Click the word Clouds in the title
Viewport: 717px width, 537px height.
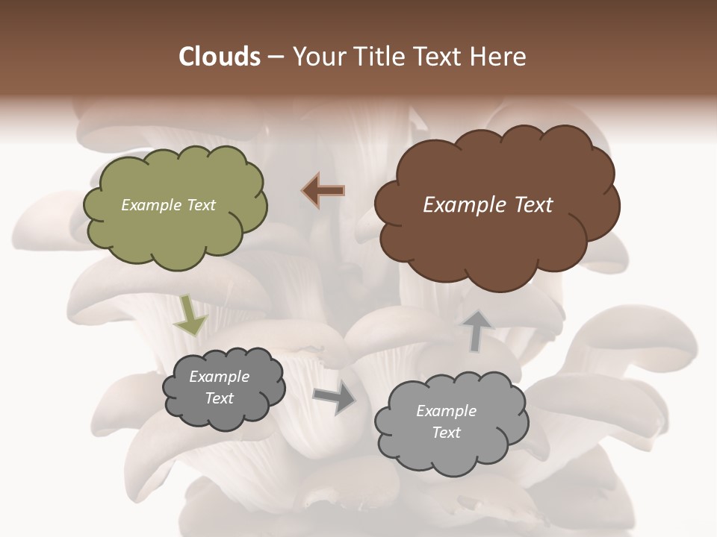220,57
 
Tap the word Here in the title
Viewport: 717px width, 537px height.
500,57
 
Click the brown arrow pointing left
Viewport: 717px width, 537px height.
323,191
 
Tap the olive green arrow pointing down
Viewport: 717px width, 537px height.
190,315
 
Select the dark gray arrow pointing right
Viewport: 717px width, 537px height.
335,398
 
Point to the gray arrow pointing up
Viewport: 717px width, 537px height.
478,330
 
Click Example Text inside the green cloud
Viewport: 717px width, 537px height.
168,205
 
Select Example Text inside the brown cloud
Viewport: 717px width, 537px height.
488,205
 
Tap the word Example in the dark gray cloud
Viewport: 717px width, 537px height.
219,377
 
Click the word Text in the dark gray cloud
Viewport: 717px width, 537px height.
219,398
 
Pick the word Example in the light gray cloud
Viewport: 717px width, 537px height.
446,411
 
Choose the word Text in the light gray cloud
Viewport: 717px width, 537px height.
446,433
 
